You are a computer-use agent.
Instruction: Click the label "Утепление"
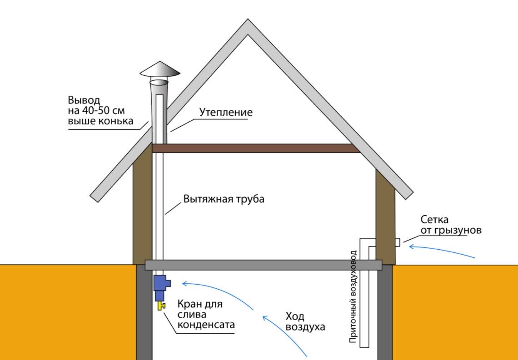pos(225,112)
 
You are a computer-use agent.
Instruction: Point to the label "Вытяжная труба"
pos(224,199)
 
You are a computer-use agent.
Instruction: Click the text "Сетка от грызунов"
pos(450,225)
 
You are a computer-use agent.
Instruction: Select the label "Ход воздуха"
pos(305,321)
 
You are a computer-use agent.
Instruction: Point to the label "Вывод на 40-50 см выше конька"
pos(100,110)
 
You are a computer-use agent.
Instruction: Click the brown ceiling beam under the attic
pos(254,148)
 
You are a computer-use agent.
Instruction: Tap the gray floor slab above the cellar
pos(264,265)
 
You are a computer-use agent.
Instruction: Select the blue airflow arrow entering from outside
pos(441,251)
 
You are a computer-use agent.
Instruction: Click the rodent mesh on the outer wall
pos(397,242)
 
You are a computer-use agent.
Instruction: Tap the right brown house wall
pos(385,213)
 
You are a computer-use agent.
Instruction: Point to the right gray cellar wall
pos(385,313)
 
